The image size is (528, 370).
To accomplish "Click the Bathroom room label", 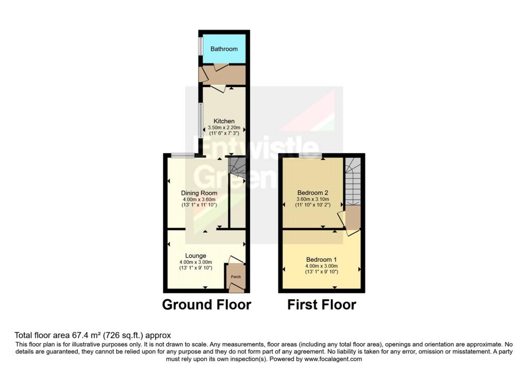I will point(224,49).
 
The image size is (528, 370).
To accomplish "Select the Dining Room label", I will point(195,193).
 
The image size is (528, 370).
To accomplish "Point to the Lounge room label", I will point(196,255).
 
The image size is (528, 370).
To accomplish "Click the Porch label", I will point(236,277).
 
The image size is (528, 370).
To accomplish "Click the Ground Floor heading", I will point(206,304).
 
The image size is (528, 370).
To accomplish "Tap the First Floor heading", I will point(322,304).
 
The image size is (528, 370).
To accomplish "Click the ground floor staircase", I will point(237,167).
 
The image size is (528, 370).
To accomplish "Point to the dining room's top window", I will point(183,155).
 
